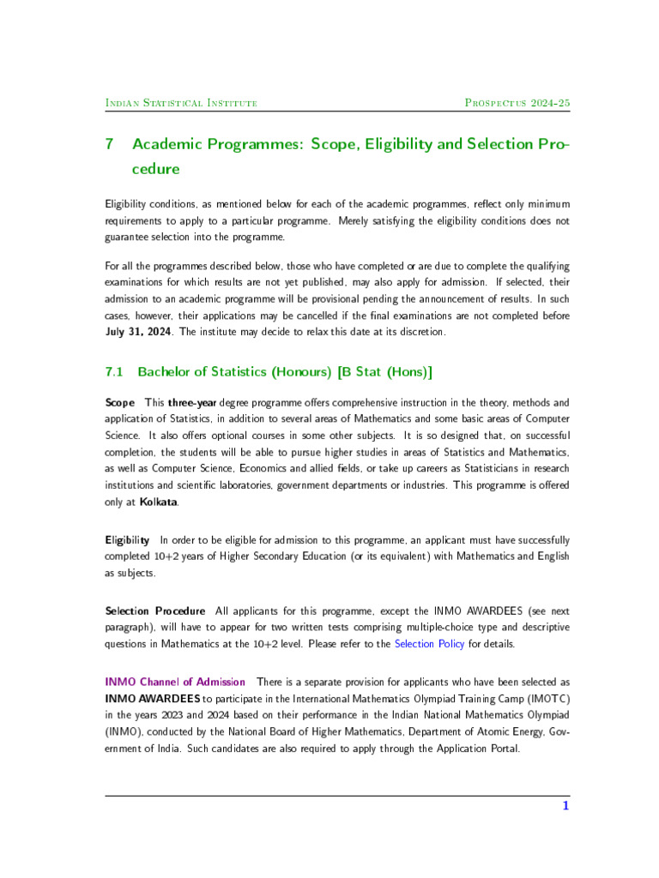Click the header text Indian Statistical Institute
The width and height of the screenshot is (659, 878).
pos(181,103)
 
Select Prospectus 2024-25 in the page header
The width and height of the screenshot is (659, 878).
pos(517,103)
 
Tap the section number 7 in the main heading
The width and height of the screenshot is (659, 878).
pos(110,144)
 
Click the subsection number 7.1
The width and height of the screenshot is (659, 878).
pos(115,372)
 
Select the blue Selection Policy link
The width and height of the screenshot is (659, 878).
pos(429,644)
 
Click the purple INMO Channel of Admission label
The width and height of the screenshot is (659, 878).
pos(175,682)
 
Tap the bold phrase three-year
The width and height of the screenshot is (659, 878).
pos(192,402)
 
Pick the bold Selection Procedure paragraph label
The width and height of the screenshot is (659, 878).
pos(155,610)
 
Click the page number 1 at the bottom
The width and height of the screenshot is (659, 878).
pos(565,806)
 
